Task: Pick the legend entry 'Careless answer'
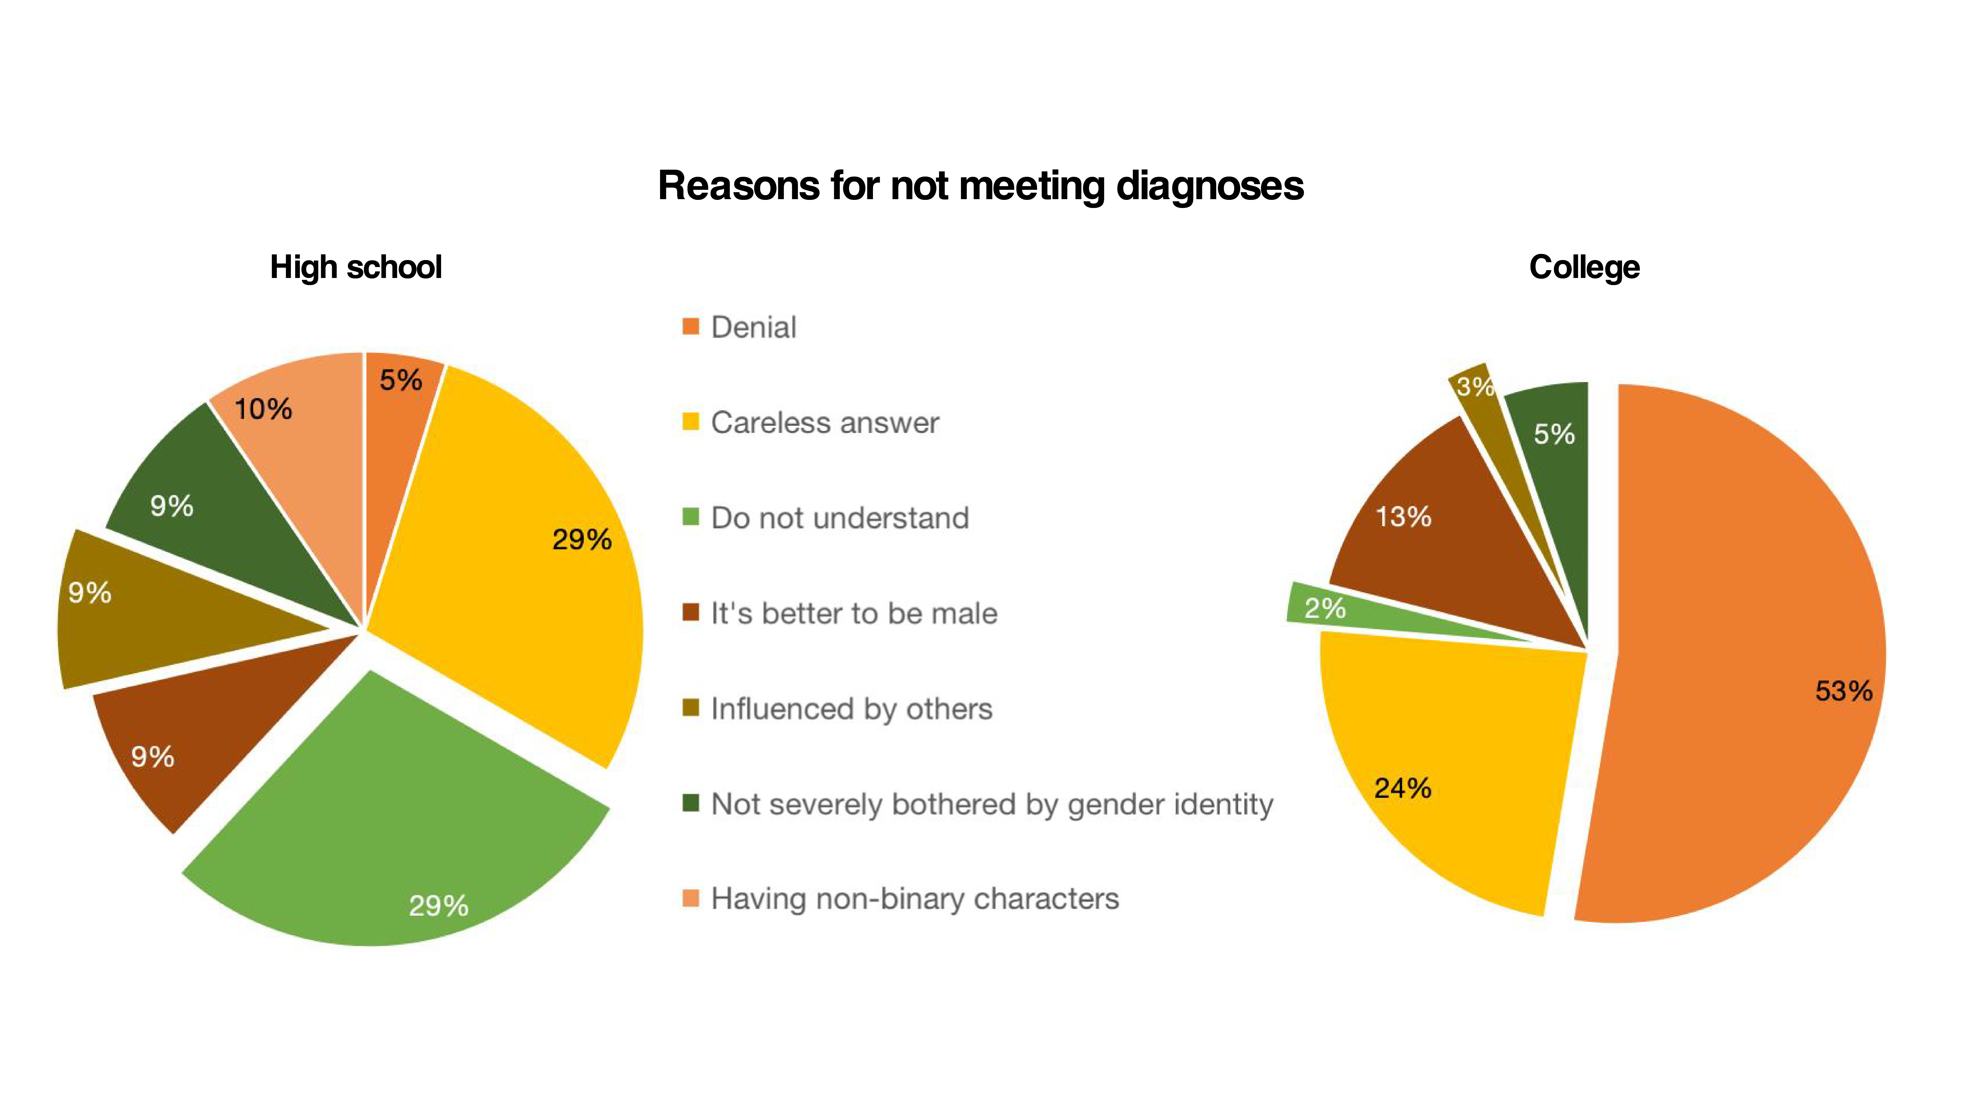tap(825, 422)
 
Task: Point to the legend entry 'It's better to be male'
tap(854, 613)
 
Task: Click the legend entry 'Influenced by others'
tap(851, 708)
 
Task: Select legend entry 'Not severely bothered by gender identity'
tap(992, 804)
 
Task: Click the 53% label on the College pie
tap(1843, 691)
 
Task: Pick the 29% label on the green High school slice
tap(438, 905)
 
